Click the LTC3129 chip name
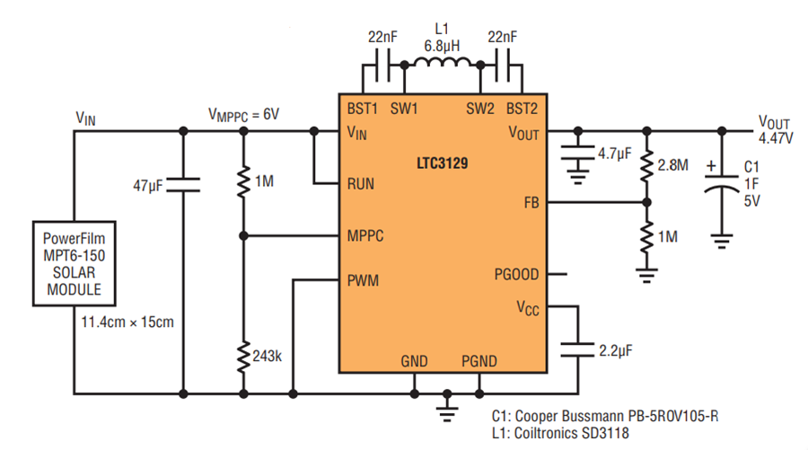[442, 163]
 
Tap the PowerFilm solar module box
[75, 264]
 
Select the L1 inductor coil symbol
[442, 62]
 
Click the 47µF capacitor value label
[148, 185]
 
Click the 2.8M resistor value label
[672, 165]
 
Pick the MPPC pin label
[365, 236]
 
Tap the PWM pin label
[363, 280]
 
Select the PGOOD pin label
[516, 274]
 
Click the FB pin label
[531, 203]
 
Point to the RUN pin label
[361, 184]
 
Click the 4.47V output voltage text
[776, 138]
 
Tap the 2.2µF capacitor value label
[616, 351]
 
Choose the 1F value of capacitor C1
[751, 184]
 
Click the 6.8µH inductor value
[442, 46]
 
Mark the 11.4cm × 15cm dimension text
[127, 322]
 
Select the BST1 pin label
[363, 109]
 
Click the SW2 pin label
[479, 109]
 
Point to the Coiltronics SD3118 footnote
[560, 433]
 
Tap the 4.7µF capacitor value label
[615, 154]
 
